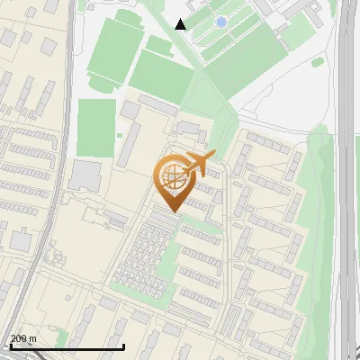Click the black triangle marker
(181, 24)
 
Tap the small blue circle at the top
(221, 22)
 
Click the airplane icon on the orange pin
(198, 165)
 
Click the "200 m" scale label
(23, 338)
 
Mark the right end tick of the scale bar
(123, 346)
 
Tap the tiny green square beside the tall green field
(120, 136)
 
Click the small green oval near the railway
(317, 62)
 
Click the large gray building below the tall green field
(86, 175)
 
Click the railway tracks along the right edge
(346, 180)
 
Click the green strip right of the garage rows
(202, 224)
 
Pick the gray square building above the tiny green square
(131, 110)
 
